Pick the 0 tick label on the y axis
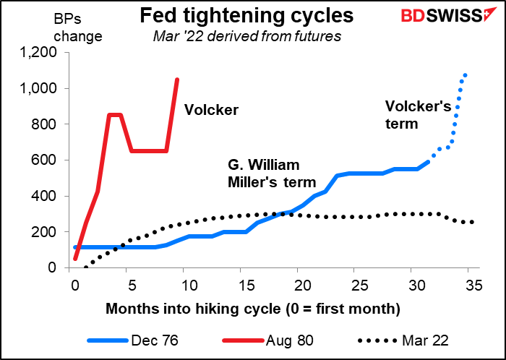click(x=60, y=267)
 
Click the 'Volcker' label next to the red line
click(x=210, y=110)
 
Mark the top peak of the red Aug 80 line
click(x=177, y=80)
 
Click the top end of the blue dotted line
click(x=466, y=74)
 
